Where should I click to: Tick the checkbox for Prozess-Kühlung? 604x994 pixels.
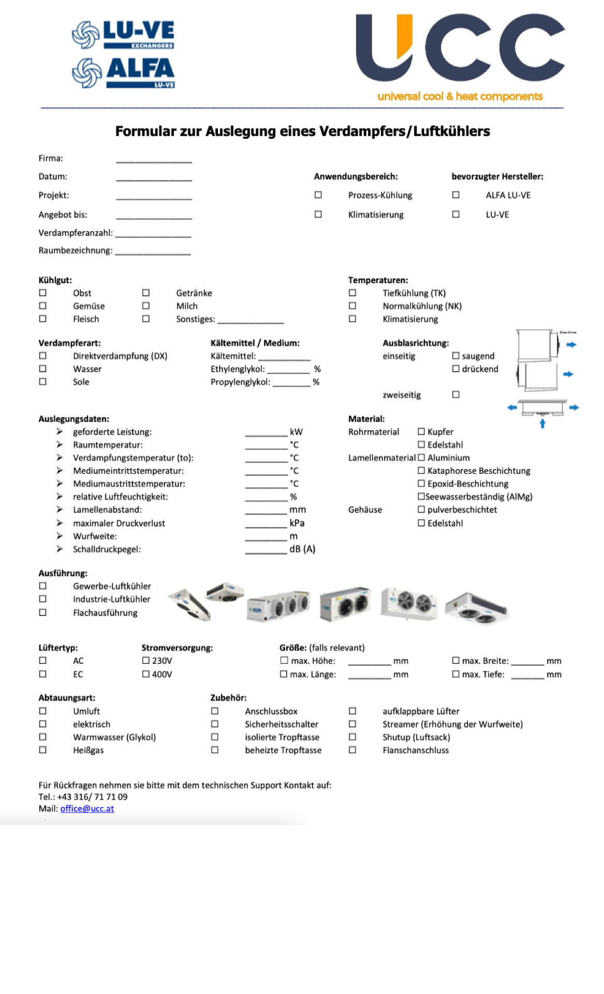pyautogui.click(x=318, y=195)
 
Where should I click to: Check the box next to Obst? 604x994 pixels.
pyautogui.click(x=43, y=293)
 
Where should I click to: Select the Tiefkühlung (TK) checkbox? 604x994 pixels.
pyautogui.click(x=352, y=293)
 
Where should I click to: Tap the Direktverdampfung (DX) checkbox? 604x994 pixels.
pyautogui.click(x=43, y=356)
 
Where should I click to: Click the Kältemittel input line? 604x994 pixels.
pyautogui.click(x=284, y=357)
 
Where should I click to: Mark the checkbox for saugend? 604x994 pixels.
pyautogui.click(x=456, y=356)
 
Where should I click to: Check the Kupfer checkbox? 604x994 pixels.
pyautogui.click(x=421, y=432)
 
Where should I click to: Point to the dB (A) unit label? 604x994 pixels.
pyautogui.click(x=302, y=549)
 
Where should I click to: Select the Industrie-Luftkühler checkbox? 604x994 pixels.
pyautogui.click(x=43, y=599)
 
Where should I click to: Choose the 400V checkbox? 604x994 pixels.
pyautogui.click(x=146, y=674)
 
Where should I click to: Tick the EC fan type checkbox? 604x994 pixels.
pyautogui.click(x=43, y=674)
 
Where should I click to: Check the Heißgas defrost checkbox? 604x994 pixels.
pyautogui.click(x=43, y=750)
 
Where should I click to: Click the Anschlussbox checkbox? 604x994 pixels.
pyautogui.click(x=215, y=711)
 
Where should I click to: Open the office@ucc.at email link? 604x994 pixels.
pyautogui.click(x=87, y=809)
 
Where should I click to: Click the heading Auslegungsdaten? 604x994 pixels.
pyautogui.click(x=73, y=419)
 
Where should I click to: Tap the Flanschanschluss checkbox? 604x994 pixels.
pyautogui.click(x=352, y=750)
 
